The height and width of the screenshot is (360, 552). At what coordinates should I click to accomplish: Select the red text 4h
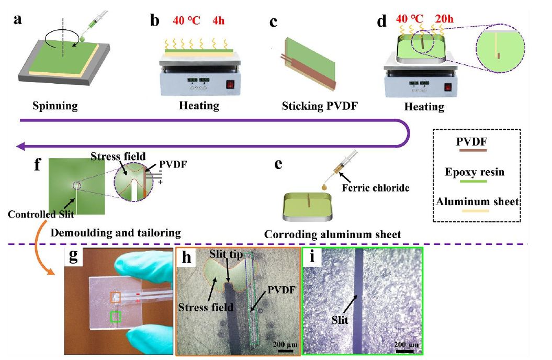(220, 23)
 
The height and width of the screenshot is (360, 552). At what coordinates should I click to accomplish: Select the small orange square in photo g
(116, 297)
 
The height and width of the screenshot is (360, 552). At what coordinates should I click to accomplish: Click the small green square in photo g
(116, 317)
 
